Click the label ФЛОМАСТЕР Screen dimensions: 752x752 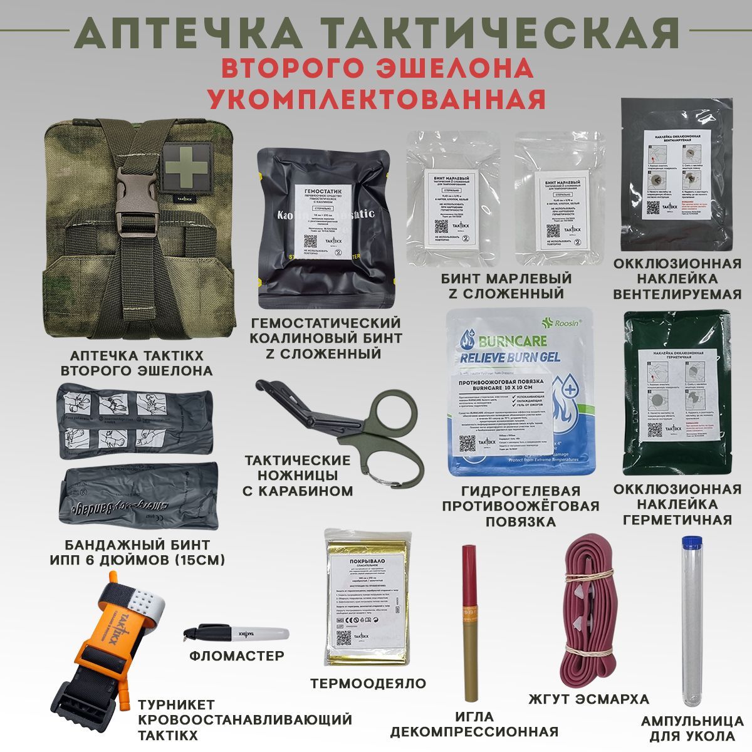pyautogui.click(x=236, y=655)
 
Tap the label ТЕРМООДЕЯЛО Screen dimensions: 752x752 pyautogui.click(x=368, y=683)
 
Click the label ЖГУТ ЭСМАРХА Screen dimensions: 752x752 pyautogui.click(x=589, y=699)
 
